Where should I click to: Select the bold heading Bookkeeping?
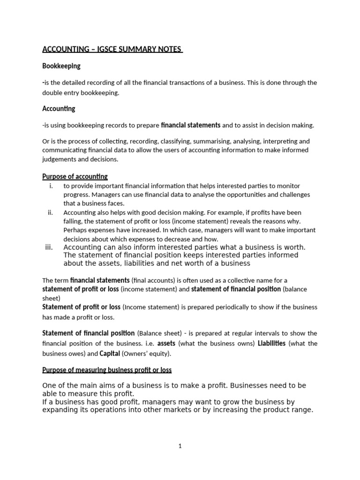[x=61, y=66]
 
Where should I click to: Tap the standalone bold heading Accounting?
[x=59, y=109]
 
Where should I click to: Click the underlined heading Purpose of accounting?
[x=75, y=177]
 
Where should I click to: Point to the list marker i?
[x=51, y=186]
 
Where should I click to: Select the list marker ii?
[x=50, y=212]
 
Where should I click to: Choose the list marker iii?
[x=50, y=247]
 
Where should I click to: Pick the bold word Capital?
[x=110, y=353]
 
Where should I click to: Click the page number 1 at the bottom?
[x=180, y=446]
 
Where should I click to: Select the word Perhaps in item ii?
[x=75, y=230]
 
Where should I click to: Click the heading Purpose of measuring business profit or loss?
[x=107, y=370]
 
